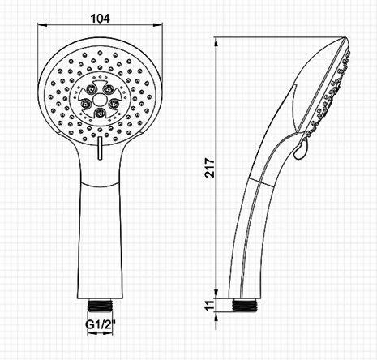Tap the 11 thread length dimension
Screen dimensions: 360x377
point(210,305)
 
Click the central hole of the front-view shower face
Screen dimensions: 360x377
point(98,101)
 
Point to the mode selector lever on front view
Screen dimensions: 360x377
point(98,152)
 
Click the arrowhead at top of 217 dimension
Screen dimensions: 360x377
point(216,41)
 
